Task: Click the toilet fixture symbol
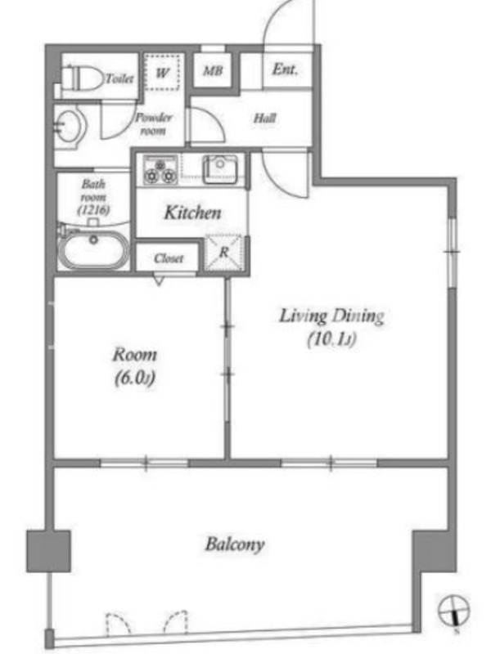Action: click(83, 78)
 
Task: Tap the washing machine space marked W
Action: click(162, 72)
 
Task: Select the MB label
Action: click(213, 70)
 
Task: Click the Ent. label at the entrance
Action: click(285, 69)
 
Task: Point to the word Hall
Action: click(265, 118)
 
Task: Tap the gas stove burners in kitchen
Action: click(160, 170)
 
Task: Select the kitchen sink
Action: click(220, 170)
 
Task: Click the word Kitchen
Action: click(192, 213)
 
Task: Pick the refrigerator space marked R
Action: click(223, 253)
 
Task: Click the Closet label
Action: click(169, 258)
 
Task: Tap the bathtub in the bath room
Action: click(93, 248)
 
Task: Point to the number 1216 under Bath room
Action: click(93, 209)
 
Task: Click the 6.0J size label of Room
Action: click(135, 379)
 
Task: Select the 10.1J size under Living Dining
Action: click(332, 339)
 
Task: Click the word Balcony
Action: click(235, 544)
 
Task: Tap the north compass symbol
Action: click(453, 611)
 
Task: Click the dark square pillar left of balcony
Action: click(48, 551)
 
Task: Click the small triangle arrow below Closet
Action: click(159, 280)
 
